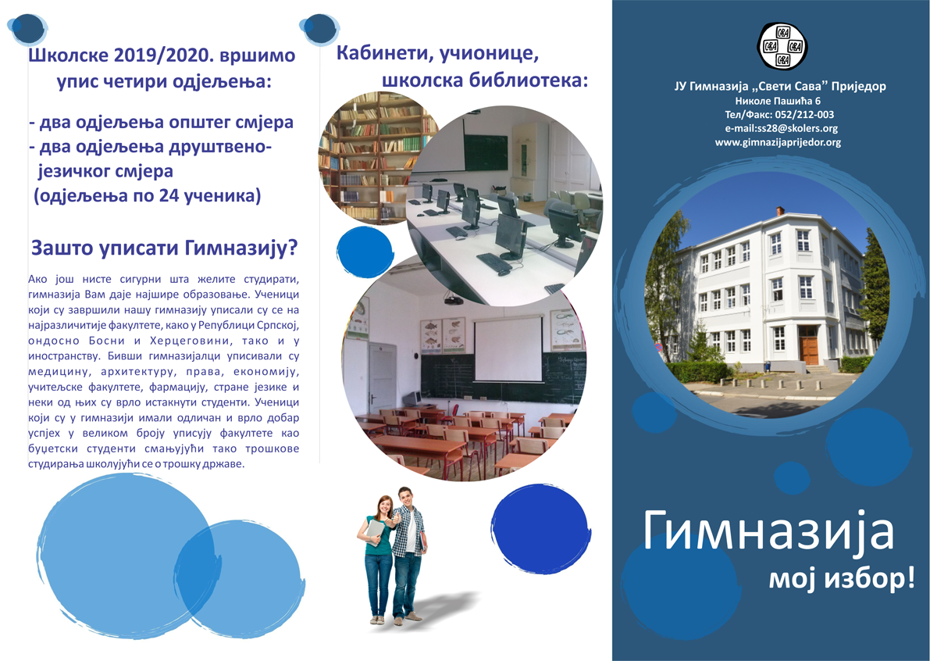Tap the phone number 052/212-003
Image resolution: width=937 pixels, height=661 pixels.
click(x=804, y=115)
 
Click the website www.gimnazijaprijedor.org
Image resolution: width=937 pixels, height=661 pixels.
click(x=778, y=142)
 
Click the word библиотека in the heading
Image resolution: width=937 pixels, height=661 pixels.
click(x=529, y=80)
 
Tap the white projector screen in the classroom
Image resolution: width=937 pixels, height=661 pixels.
click(x=508, y=349)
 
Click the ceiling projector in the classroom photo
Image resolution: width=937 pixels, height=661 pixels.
click(x=453, y=300)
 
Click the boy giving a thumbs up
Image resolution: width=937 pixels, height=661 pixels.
click(x=408, y=555)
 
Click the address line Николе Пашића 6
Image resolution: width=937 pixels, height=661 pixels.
click(x=778, y=101)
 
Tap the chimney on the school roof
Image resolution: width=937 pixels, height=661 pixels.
click(x=780, y=211)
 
